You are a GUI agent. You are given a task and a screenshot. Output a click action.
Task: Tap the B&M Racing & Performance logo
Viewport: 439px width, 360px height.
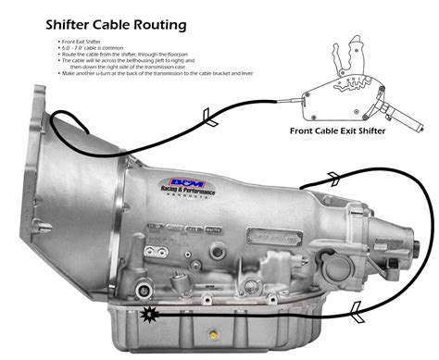[x=191, y=186]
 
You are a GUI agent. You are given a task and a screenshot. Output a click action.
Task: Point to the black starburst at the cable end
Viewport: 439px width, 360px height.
[x=149, y=316]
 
